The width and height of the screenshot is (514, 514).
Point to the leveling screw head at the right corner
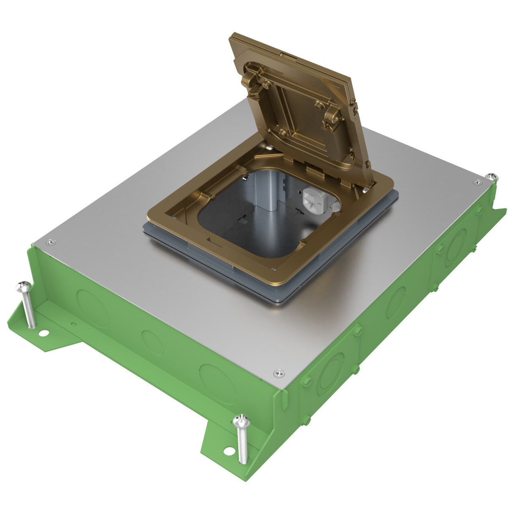click(x=490, y=175)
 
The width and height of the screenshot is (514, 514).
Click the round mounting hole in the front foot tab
click(x=229, y=451)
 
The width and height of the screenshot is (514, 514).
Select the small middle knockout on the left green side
click(x=152, y=342)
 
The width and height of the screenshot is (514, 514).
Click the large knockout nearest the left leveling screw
click(x=93, y=303)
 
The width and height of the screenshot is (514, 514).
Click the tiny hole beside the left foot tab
click(x=74, y=326)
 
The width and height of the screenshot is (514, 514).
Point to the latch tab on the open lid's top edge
click(x=282, y=54)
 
